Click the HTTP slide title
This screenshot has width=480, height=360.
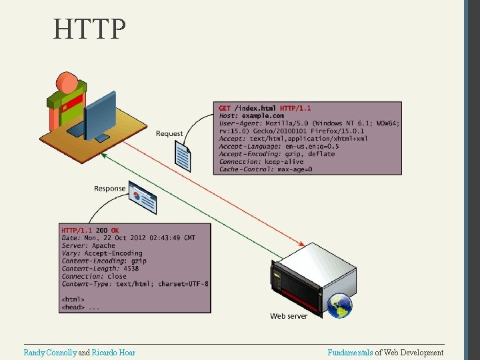tap(90, 29)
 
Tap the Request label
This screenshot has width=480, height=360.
tap(169, 134)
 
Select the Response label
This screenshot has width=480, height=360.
tap(110, 189)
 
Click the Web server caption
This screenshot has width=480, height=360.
tap(289, 315)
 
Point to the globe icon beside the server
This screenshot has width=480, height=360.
tap(339, 305)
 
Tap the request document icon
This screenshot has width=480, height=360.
tap(183, 158)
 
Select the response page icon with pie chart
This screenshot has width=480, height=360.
tap(143, 199)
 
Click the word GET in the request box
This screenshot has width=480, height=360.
tap(225, 108)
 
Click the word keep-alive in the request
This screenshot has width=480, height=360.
tap(284, 161)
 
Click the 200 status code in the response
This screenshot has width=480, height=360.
tap(101, 230)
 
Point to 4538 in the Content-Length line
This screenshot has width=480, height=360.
tap(131, 269)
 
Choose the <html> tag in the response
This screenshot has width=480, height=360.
tap(73, 299)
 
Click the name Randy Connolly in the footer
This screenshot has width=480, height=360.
tap(50, 353)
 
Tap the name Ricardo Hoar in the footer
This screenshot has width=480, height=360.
tap(113, 353)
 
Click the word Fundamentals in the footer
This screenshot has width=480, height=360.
tap(350, 353)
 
